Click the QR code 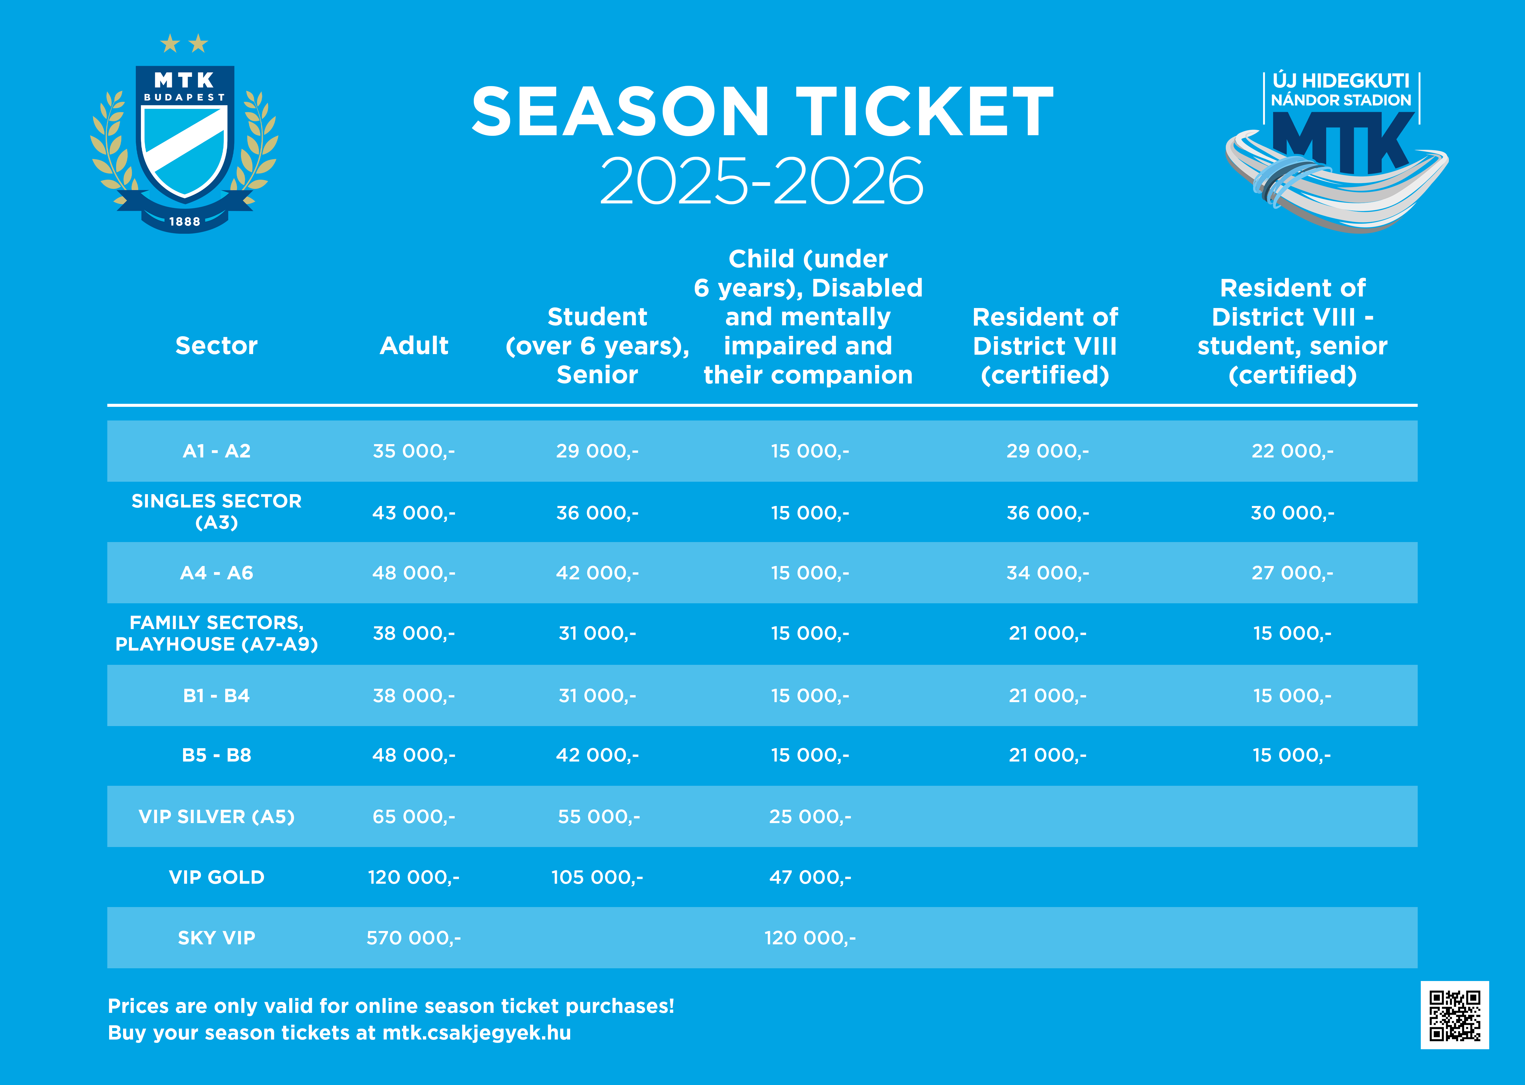point(1454,1015)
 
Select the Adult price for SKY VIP point(413,938)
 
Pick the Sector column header point(216,345)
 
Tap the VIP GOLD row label point(216,877)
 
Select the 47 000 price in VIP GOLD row point(810,877)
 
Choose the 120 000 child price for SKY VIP point(810,938)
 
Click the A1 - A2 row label point(216,451)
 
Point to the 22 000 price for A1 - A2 point(1292,451)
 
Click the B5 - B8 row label point(216,755)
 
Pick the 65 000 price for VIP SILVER point(413,816)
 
